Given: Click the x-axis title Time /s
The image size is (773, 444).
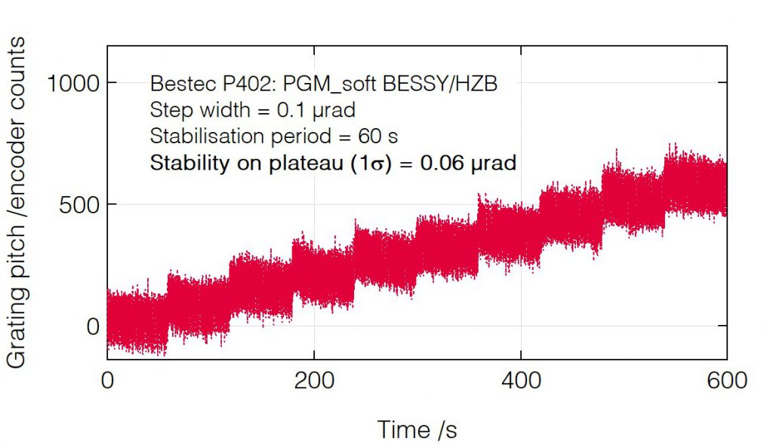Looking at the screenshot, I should point(417,429).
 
